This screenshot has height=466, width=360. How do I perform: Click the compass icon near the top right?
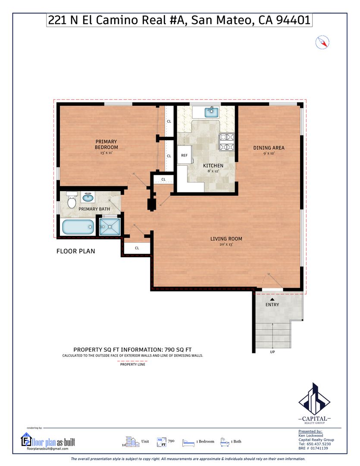tap(322, 42)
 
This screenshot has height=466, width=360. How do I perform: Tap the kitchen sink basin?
tap(212, 113)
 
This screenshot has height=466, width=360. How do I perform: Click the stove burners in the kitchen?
tap(227, 142)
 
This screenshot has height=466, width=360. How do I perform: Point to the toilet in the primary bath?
tap(72, 200)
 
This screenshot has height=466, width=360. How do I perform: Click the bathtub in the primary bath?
tap(78, 227)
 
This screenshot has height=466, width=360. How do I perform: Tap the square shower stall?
tap(110, 227)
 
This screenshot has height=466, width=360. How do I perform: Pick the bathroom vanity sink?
tap(88, 197)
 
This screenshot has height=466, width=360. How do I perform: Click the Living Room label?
tap(226, 239)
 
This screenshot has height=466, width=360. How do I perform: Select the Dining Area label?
tap(269, 148)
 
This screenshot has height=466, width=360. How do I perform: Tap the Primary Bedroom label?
tap(106, 145)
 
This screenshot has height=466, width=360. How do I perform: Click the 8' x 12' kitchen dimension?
tap(213, 171)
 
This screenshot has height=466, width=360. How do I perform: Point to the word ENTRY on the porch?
tap(272, 305)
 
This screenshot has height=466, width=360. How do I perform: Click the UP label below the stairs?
tap(272, 352)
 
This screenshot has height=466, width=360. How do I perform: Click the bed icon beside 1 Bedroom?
tap(188, 443)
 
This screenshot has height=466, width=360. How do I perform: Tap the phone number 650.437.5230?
tap(319, 444)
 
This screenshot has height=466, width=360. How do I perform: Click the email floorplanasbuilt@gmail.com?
tap(47, 449)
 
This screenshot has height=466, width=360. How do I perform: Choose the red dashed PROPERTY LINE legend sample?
tap(133, 361)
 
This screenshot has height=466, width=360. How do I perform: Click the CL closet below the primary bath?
tap(137, 248)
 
